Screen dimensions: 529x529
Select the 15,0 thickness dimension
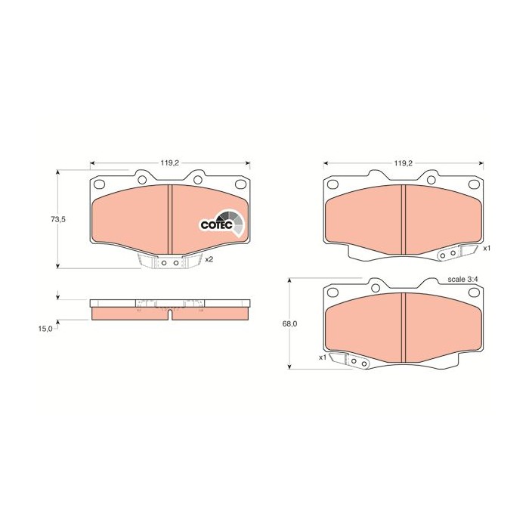pyautogui.click(x=45, y=328)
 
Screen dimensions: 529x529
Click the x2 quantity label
pyautogui.click(x=209, y=259)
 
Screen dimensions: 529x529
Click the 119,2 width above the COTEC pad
pyautogui.click(x=169, y=162)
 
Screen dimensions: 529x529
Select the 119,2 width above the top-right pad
pyautogui.click(x=402, y=162)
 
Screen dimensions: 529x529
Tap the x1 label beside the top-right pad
pyautogui.click(x=487, y=248)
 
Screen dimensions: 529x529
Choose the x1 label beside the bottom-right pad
pyautogui.click(x=323, y=357)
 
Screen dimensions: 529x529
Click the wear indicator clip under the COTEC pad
pyautogui.click(x=168, y=262)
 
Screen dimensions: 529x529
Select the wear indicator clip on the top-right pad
pyautogui.click(x=450, y=254)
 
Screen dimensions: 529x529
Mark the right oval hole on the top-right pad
pyautogui.click(x=475, y=184)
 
